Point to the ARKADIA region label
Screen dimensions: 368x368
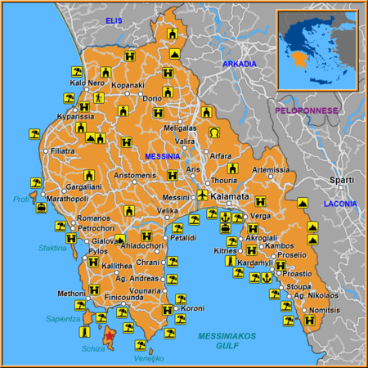point(239,64)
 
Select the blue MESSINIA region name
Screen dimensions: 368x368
point(162,155)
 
